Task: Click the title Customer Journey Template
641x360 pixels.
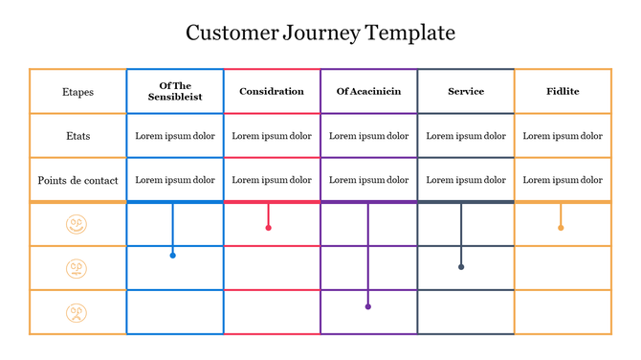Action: click(x=320, y=34)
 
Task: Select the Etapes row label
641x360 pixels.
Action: click(x=77, y=92)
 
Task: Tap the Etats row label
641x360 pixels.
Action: click(x=77, y=136)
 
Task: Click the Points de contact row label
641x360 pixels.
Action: click(x=77, y=180)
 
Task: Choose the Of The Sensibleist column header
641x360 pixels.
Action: click(x=175, y=92)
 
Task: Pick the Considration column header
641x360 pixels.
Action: click(x=272, y=92)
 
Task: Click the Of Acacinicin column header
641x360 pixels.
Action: click(x=368, y=92)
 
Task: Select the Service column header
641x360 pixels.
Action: click(x=466, y=92)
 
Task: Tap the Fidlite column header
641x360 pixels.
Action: click(x=563, y=92)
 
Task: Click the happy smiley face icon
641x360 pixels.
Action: click(x=77, y=225)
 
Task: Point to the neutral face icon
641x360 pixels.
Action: click(x=77, y=269)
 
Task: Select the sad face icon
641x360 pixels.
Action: click(x=77, y=313)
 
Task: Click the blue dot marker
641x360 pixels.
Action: click(x=172, y=256)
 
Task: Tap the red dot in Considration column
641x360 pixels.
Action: click(x=268, y=228)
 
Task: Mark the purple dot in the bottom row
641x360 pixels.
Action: click(x=368, y=307)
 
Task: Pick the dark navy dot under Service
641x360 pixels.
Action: click(x=461, y=267)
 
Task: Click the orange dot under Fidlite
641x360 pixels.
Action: click(x=561, y=228)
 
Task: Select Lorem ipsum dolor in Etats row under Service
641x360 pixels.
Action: click(x=466, y=136)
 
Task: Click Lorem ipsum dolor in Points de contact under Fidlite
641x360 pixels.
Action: click(x=563, y=180)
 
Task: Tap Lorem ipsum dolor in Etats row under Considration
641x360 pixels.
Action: click(x=272, y=136)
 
